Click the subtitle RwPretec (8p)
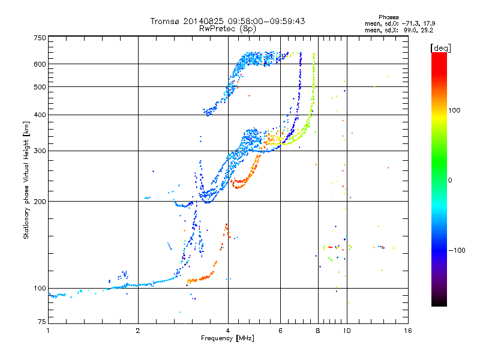(x=227, y=29)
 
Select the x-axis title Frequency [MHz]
(x=227, y=338)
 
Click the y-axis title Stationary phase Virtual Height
(x=26, y=180)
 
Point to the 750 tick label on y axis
(x=40, y=38)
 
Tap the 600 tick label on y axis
(x=40, y=64)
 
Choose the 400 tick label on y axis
(x=40, y=115)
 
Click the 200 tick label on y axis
(x=40, y=201)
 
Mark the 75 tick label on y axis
(x=42, y=322)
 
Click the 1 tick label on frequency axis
(x=48, y=331)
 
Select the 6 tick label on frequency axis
(x=280, y=331)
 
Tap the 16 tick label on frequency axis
(x=408, y=331)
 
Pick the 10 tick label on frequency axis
(x=347, y=331)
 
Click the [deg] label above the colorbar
(x=440, y=48)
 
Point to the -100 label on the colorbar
(x=457, y=250)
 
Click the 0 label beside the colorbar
(x=450, y=180)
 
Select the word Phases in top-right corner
(x=388, y=17)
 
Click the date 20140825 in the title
(x=203, y=21)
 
